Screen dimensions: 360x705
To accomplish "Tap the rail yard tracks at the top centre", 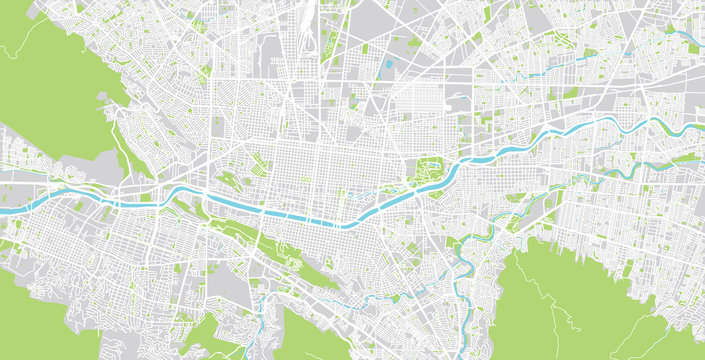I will point(325,30).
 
